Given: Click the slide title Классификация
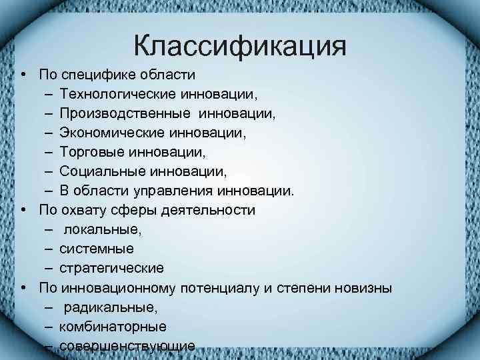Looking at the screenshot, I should [x=239, y=47].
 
